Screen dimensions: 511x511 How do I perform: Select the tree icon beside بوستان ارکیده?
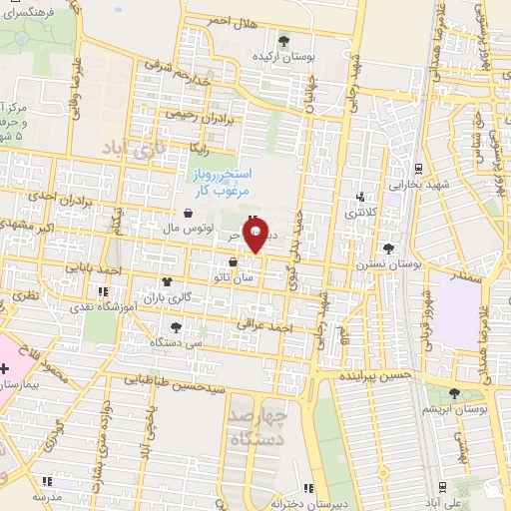click(x=284, y=41)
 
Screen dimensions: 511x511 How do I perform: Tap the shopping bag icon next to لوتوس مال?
click(x=189, y=213)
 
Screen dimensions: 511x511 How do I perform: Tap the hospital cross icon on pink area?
click(x=7, y=370)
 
